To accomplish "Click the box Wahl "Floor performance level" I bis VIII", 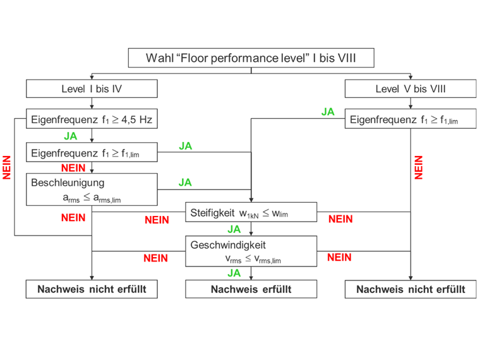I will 251,58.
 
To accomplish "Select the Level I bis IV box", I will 92,89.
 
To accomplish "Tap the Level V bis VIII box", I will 411,89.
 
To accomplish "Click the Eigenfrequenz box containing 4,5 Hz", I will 92,119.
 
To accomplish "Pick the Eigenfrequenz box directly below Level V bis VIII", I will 411,119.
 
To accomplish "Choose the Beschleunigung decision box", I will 92,189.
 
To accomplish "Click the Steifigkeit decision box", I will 251,213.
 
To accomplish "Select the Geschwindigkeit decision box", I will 251,251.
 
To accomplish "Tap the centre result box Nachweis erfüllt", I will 251,289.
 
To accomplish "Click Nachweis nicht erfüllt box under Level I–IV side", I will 92,289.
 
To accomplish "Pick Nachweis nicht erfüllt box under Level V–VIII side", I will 411,289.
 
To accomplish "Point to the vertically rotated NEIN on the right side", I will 419,167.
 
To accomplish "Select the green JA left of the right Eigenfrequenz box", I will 328,112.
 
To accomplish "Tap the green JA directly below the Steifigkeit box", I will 234,229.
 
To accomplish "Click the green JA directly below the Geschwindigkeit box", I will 234,273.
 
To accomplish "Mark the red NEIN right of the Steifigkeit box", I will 340,219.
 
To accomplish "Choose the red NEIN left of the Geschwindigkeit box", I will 156,258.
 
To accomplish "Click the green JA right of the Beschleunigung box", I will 185,183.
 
